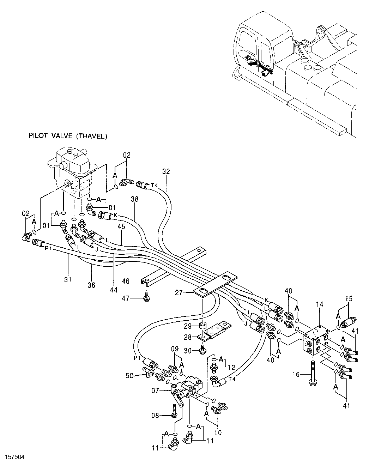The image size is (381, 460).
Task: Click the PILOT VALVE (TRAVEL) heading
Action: [67, 136]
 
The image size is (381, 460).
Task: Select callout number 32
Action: [166, 171]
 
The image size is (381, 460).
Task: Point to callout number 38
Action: [135, 199]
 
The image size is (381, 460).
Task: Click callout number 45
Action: [121, 227]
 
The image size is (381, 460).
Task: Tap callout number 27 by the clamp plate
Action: [179, 292]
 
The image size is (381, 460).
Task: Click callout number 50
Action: [130, 376]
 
